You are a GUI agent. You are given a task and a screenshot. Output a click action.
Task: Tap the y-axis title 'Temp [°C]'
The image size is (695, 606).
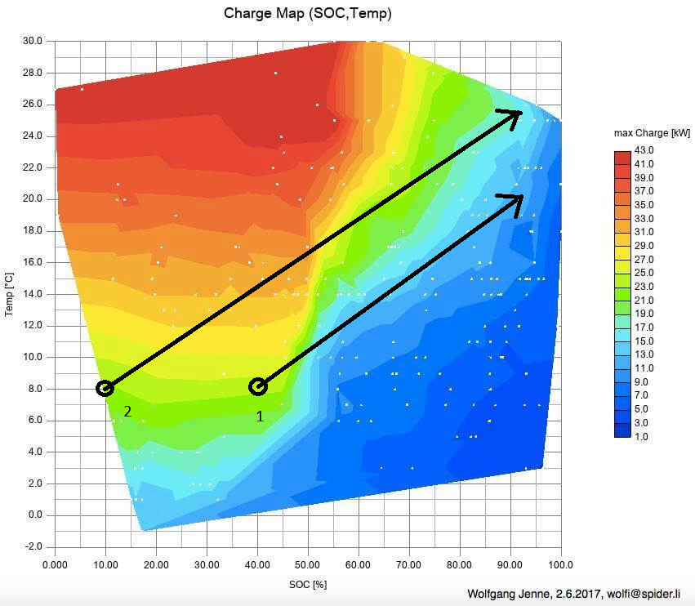pos(9,294)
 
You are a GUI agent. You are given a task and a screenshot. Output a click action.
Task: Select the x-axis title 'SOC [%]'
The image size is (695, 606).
pos(307,584)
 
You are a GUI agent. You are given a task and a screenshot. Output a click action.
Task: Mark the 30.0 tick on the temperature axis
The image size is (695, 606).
pos(32,41)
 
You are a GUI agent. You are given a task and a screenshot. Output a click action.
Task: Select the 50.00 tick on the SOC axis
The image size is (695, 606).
pos(307,564)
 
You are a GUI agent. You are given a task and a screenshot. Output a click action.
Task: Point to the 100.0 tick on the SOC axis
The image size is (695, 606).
pos(560,564)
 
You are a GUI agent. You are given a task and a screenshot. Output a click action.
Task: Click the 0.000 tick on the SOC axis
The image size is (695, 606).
pos(55,564)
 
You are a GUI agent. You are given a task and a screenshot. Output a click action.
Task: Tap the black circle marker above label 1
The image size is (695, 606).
pos(257,386)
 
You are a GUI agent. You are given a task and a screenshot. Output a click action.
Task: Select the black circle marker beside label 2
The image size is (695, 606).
pos(105,388)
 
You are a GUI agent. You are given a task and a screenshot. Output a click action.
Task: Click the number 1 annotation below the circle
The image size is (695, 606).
pos(260,416)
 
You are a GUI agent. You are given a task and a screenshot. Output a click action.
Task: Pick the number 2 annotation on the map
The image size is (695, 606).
pos(127,411)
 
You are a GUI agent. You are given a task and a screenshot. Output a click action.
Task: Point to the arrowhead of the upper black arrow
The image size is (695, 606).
pos(515,114)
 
